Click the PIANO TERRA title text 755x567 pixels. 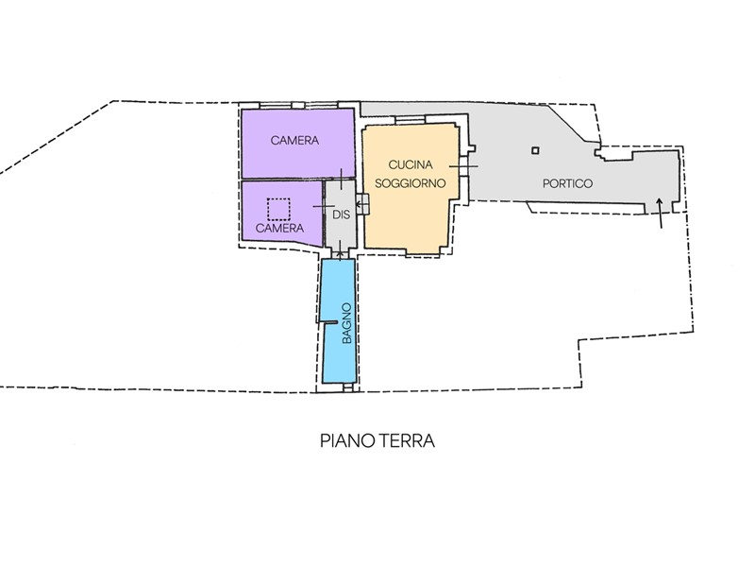[377, 440]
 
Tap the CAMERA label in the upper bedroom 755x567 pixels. [294, 140]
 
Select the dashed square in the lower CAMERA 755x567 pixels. [278, 209]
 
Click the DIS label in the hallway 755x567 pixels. [341, 214]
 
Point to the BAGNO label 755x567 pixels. [346, 322]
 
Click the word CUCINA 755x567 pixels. [411, 164]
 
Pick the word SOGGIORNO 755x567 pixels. [410, 183]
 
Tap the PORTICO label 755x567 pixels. [567, 183]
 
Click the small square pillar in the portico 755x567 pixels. [535, 150]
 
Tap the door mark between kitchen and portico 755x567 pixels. [463, 166]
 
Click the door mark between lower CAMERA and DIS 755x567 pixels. [324, 206]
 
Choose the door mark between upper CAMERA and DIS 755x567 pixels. [341, 180]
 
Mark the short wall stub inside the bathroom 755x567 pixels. [328, 322]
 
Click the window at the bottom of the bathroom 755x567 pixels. [347, 387]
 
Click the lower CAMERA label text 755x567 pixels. [279, 228]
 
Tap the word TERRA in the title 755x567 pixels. [407, 440]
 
